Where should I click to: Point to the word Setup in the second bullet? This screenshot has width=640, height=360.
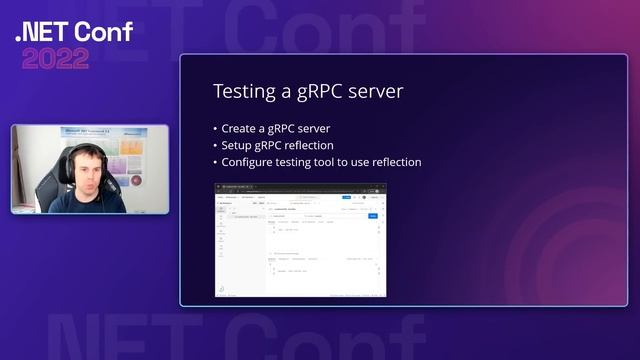[x=240, y=145]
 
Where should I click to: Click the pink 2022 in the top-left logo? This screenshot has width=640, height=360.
[x=55, y=58]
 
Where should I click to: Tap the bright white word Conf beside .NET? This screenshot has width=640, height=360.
[x=104, y=32]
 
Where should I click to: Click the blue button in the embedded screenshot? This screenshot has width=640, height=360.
[x=373, y=215]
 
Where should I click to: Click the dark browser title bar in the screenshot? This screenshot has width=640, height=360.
[x=300, y=187]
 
